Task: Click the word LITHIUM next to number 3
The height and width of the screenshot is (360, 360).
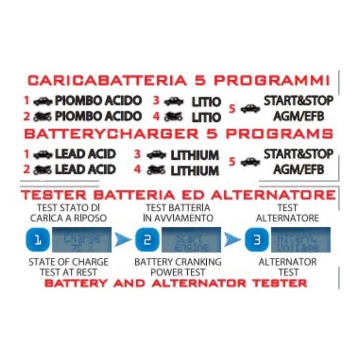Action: tap(194, 155)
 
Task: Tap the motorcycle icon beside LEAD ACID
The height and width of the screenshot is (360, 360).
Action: tap(43, 170)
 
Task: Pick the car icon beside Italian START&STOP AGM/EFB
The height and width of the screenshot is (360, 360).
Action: tap(250, 109)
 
